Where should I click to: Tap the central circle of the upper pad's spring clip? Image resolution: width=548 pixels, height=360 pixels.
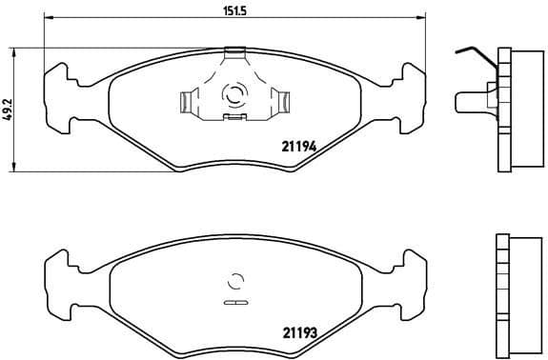[233, 94]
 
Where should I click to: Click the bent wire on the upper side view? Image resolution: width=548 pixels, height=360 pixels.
[473, 53]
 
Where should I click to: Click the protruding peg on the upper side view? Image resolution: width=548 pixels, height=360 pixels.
[468, 99]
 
